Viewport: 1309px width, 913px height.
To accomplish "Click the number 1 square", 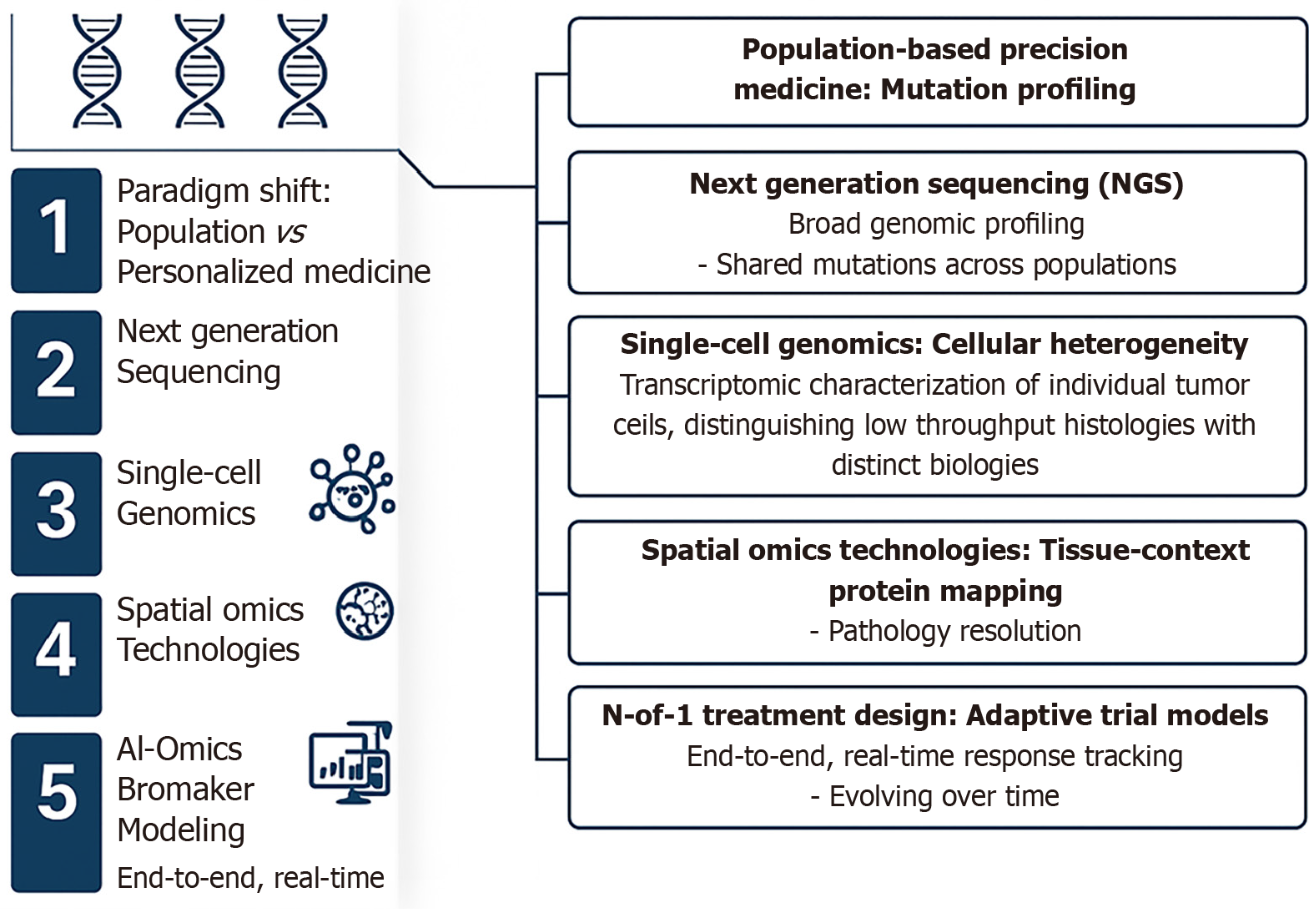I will pyautogui.click(x=56, y=230).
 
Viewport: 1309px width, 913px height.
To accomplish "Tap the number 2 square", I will pyautogui.click(x=56, y=372).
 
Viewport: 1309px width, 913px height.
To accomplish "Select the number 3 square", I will pyautogui.click(x=56, y=513).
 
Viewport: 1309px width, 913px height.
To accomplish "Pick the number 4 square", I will pyautogui.click(x=56, y=653).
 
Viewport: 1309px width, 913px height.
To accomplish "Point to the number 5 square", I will pyautogui.click(x=56, y=811).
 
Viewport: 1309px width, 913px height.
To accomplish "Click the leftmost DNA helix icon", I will pyautogui.click(x=97, y=72).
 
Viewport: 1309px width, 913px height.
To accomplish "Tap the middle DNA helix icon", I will pyautogui.click(x=199, y=72).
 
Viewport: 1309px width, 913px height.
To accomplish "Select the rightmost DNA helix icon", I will pyautogui.click(x=302, y=72).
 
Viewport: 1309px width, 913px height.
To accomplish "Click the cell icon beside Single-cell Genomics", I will pyautogui.click(x=352, y=489).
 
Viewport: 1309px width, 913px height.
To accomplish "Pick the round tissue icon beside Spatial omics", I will pyautogui.click(x=365, y=611).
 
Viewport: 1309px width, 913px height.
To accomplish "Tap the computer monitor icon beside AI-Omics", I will pyautogui.click(x=350, y=763).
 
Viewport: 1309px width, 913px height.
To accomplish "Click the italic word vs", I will pyautogui.click(x=291, y=232).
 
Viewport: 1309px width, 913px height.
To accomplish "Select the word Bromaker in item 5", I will pyautogui.click(x=185, y=789).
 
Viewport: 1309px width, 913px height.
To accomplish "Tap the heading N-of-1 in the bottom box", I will pyautogui.click(x=647, y=716).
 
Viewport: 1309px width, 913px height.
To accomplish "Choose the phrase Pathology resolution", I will pyautogui.click(x=954, y=632).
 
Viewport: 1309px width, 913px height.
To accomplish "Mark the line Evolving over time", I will pyautogui.click(x=944, y=797).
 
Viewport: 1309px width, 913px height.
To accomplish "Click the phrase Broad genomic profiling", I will pyautogui.click(x=936, y=224).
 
